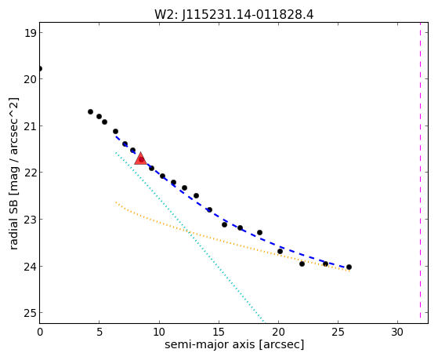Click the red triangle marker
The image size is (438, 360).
coord(140,159)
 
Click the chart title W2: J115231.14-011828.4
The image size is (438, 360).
coord(234,15)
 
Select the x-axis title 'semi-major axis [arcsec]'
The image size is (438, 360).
coord(234,344)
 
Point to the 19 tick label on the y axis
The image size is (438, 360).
coord(30,33)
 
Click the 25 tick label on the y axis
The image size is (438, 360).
coord(30,313)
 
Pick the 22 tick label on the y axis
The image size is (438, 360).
coord(30,173)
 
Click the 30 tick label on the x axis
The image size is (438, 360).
coord(397,333)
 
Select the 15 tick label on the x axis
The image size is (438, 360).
coord(219,333)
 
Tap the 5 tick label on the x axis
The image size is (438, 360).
coord(100,333)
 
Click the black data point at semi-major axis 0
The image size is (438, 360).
coord(40,68)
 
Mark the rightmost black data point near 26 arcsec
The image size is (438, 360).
coord(349,267)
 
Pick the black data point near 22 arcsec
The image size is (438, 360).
coord(302,264)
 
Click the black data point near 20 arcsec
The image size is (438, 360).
coord(280,252)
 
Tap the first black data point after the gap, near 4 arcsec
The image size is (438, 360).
coord(91,112)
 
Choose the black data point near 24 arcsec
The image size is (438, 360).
coord(325,264)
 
